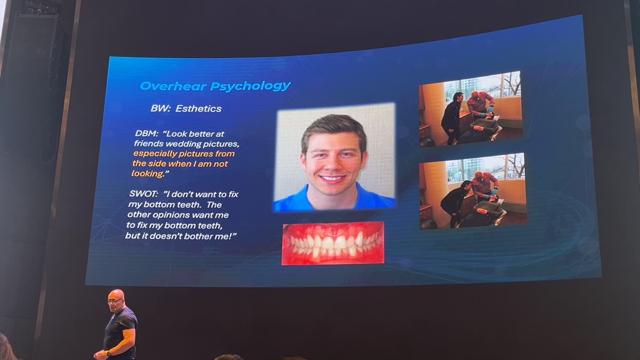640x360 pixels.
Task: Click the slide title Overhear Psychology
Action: (x=215, y=86)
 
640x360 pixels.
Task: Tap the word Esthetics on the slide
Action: (x=198, y=108)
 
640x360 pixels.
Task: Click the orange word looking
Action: (x=147, y=174)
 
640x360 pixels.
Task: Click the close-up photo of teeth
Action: (x=333, y=243)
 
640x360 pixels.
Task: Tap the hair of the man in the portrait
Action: (x=333, y=127)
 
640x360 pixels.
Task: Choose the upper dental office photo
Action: (x=470, y=108)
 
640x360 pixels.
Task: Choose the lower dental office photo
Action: (x=473, y=190)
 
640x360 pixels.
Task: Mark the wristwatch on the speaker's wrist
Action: (x=109, y=353)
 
